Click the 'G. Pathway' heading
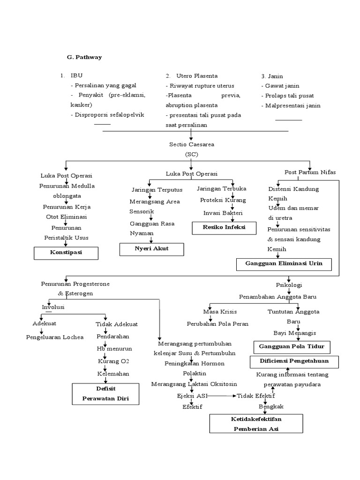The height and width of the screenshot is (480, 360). (x=84, y=57)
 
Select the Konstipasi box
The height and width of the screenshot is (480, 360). (x=66, y=253)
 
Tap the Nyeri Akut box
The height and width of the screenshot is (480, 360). (x=152, y=249)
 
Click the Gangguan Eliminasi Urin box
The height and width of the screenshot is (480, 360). (x=284, y=264)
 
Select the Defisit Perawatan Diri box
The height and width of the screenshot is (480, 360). (x=105, y=394)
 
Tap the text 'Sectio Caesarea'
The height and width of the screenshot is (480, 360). (x=191, y=144)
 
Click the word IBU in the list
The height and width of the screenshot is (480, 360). (x=76, y=75)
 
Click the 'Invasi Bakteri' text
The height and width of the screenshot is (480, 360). (x=223, y=213)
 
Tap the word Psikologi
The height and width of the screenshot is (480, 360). (x=288, y=285)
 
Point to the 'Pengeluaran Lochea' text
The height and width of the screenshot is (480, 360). (x=54, y=337)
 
